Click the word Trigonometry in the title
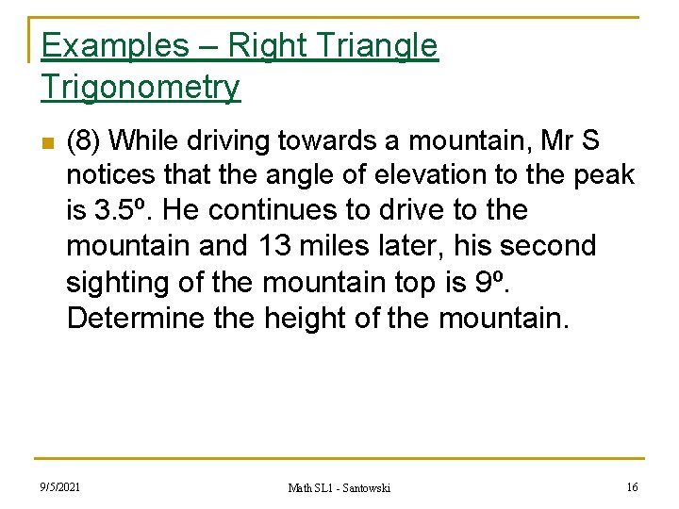click(141, 88)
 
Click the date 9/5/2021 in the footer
click(60, 486)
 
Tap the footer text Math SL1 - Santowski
click(339, 487)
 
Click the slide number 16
click(631, 486)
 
